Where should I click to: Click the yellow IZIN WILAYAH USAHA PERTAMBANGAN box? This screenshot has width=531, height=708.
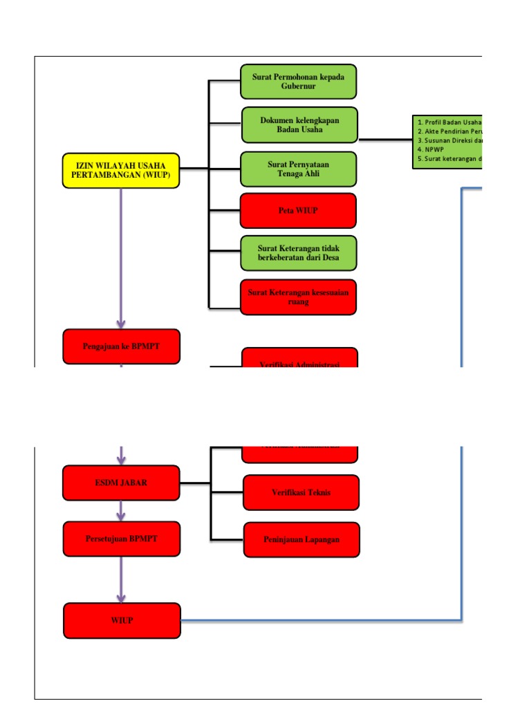tap(121, 170)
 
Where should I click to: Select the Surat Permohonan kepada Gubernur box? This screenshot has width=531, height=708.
tap(298, 82)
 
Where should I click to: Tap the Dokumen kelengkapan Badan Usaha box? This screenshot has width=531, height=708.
tap(299, 124)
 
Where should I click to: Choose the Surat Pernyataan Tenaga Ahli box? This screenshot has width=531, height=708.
tap(298, 169)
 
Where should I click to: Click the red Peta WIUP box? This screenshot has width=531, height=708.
tap(298, 210)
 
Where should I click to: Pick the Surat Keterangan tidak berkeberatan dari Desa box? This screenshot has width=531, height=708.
tap(298, 253)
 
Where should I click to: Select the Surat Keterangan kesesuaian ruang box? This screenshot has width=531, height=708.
tap(298, 297)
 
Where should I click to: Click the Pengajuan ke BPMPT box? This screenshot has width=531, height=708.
tap(121, 346)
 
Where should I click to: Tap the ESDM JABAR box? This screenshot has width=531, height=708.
tap(121, 483)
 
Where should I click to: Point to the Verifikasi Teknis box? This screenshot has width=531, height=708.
tap(301, 492)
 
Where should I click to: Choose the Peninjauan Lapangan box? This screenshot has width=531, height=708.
tap(301, 539)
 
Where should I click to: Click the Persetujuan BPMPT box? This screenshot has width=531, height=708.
tap(121, 539)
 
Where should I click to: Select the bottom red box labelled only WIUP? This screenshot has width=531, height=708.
tap(122, 620)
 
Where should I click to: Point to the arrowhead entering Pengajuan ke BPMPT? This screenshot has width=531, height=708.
tap(121, 323)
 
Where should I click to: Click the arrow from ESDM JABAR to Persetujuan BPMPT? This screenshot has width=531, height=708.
tap(121, 511)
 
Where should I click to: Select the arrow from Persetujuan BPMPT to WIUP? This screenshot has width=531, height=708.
tap(121, 579)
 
